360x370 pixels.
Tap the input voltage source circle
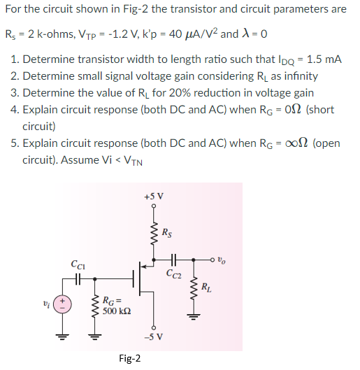63,302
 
